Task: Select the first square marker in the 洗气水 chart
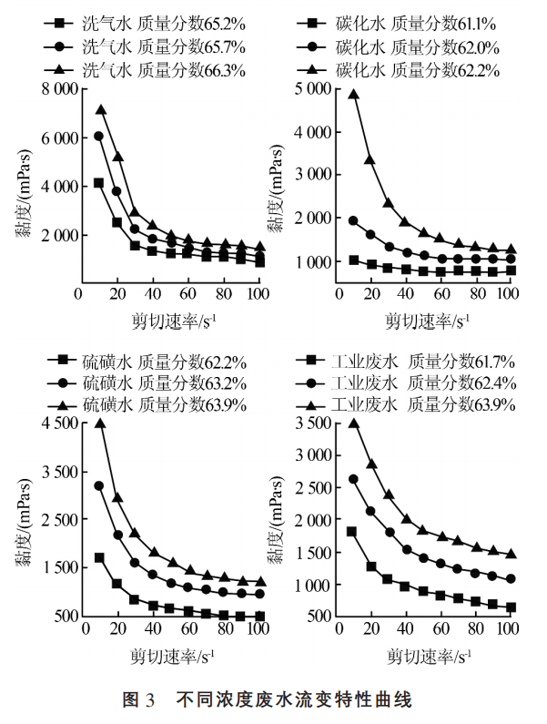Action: coord(98,183)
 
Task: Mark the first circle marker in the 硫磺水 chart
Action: coord(99,485)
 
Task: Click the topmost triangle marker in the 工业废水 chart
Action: coord(353,423)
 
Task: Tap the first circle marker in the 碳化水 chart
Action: coord(353,220)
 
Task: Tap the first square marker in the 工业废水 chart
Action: coord(352,531)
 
